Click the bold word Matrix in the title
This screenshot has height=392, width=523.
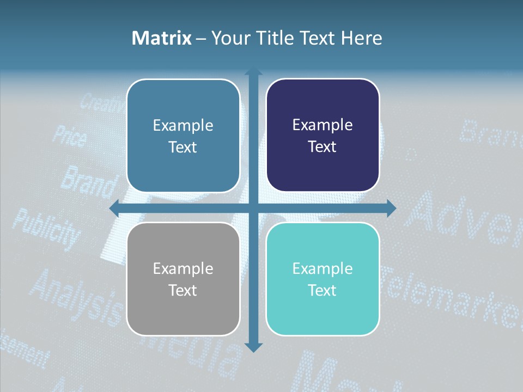tap(161, 38)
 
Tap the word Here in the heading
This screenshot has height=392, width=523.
tap(362, 38)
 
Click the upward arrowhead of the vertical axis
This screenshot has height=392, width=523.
tap(253, 72)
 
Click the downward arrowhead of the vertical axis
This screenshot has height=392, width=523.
tap(253, 347)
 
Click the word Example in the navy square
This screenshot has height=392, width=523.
tap(323, 125)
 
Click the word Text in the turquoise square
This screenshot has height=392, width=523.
tap(323, 290)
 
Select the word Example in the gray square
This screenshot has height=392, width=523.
tap(183, 268)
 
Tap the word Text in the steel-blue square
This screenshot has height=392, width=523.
tap(183, 147)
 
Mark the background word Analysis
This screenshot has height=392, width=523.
tap(76, 297)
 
